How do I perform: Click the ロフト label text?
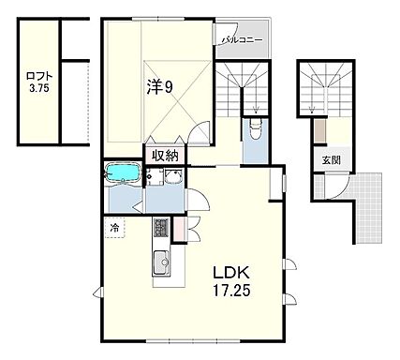coord(39,77)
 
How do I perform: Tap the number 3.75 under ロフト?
coord(39,88)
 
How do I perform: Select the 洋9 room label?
coord(159,88)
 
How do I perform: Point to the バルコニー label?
coord(243,40)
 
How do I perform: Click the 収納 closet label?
coord(165,156)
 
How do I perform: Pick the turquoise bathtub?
coord(123,172)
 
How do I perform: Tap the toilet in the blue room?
coord(256,128)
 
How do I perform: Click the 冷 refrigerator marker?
coord(114,228)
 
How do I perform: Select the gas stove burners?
coord(161,228)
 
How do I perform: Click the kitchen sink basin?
coord(161,262)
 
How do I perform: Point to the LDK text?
coord(231,273)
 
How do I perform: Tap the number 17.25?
coord(231,291)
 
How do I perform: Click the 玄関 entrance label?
coord(332,160)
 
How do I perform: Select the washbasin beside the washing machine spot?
coord(174,177)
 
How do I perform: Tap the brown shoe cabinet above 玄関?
coord(320,130)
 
